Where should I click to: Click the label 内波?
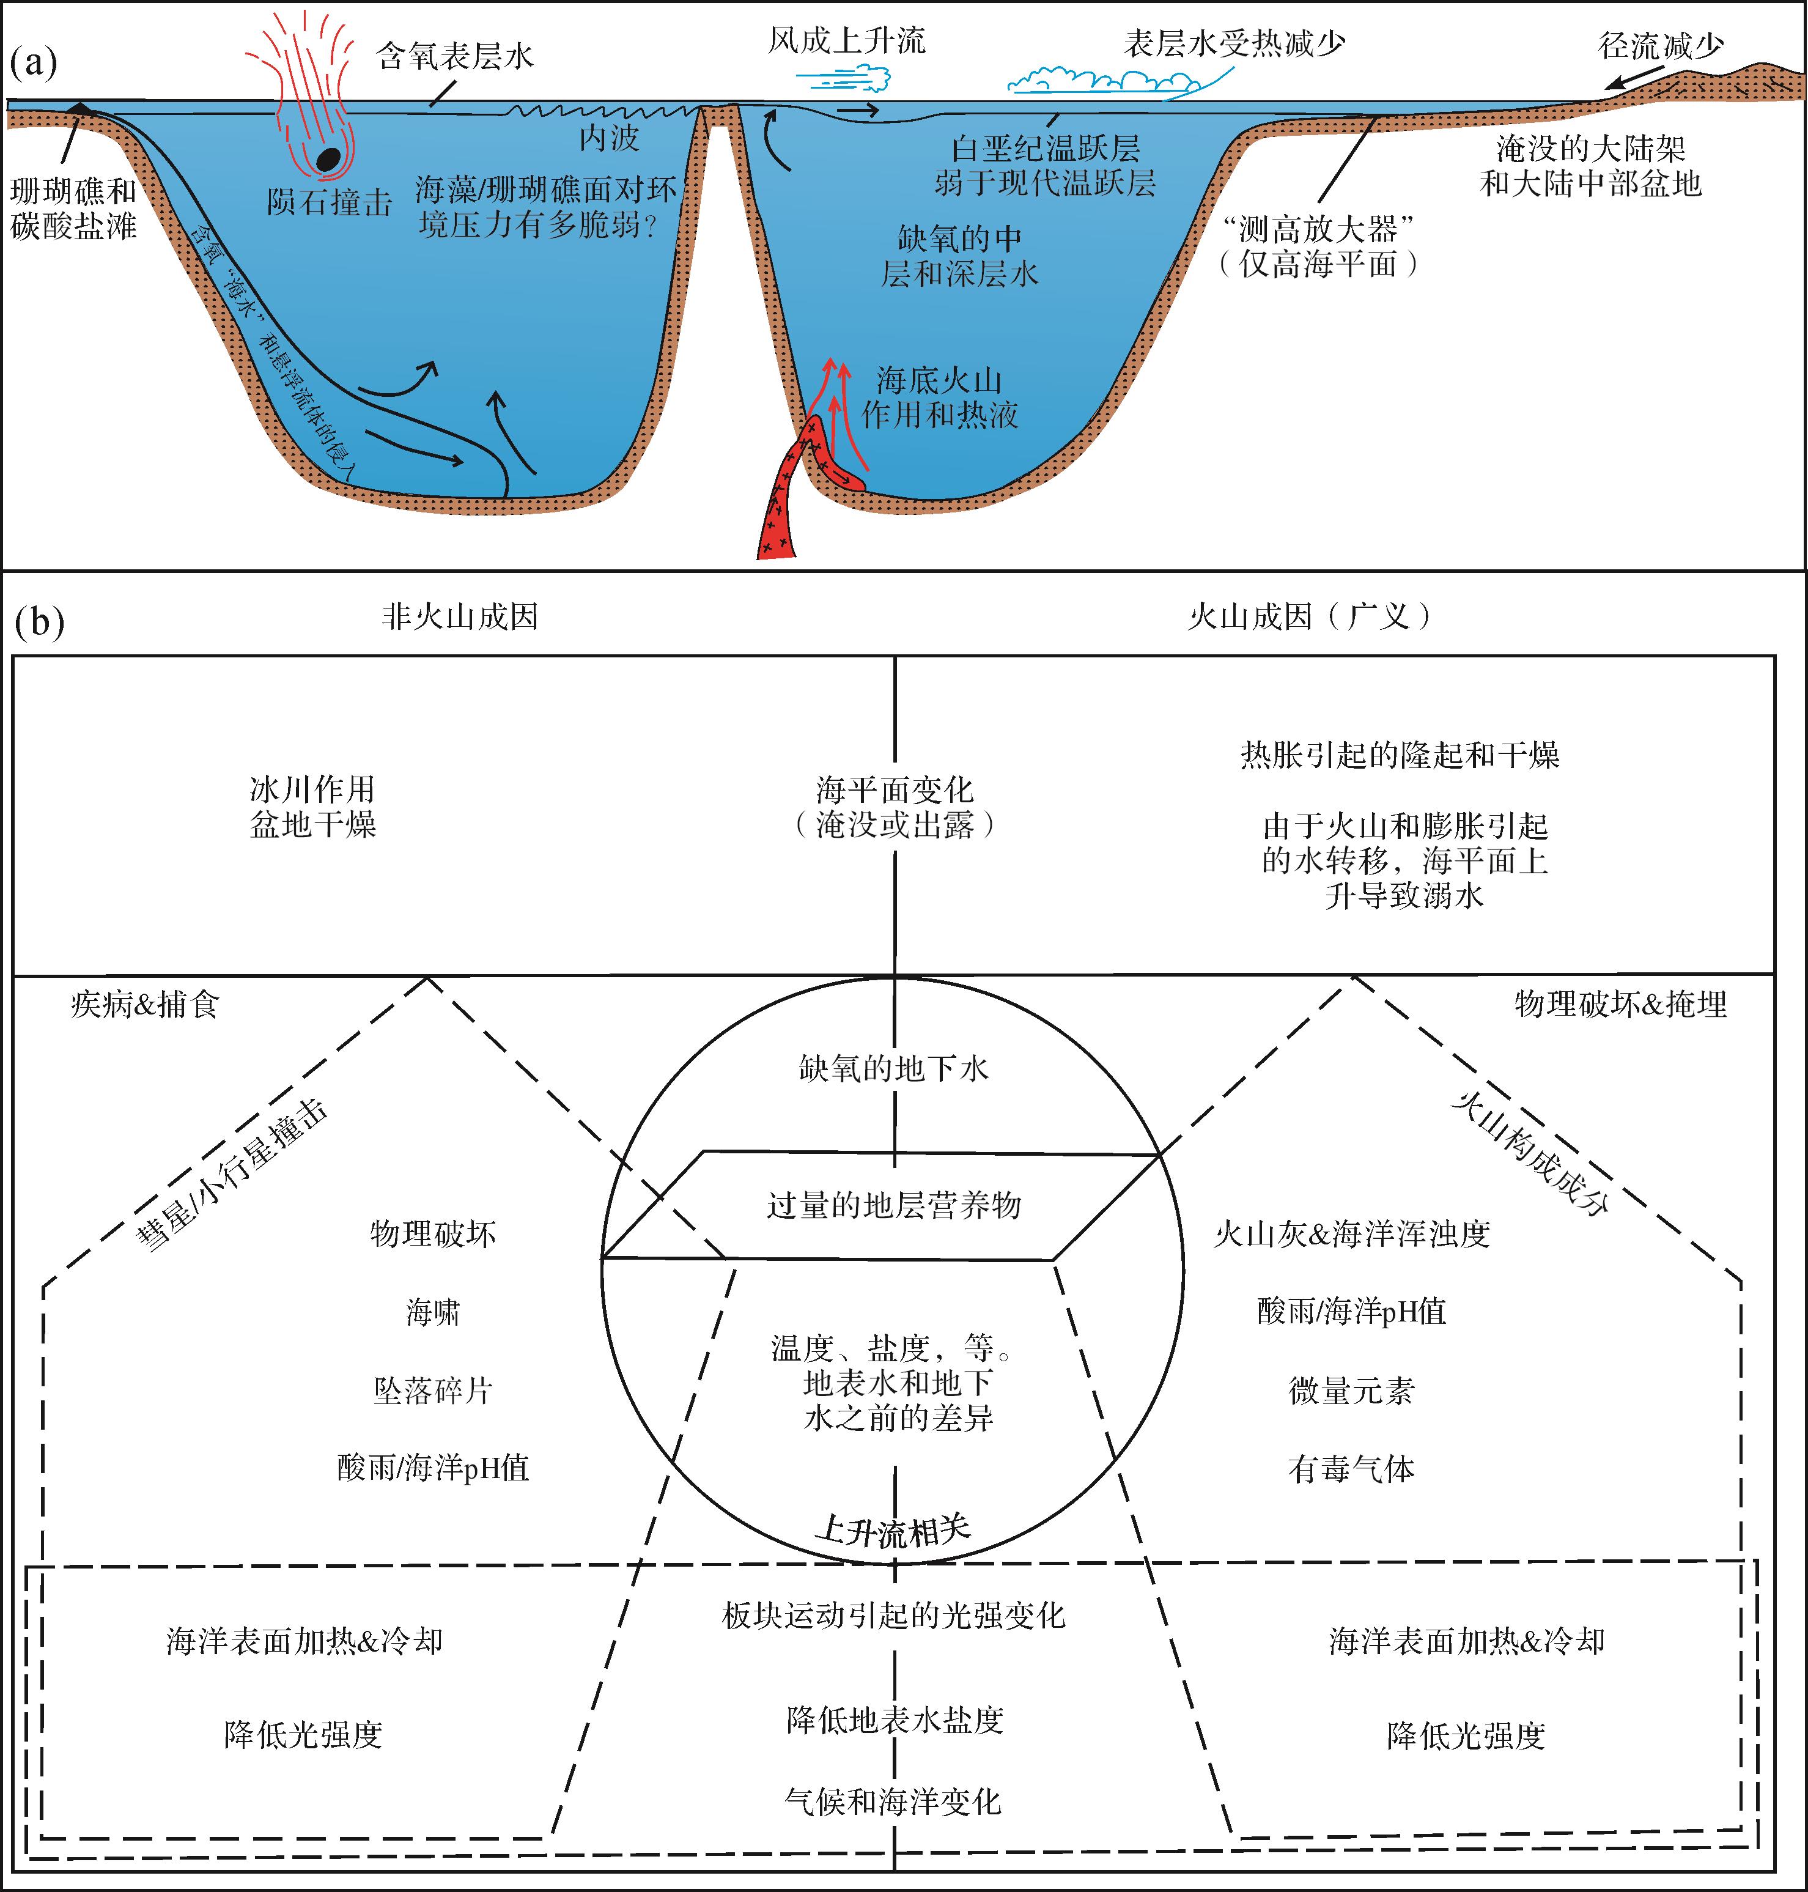click(x=609, y=138)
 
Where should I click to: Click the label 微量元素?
click(x=1351, y=1390)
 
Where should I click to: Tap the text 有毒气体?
click(x=1351, y=1469)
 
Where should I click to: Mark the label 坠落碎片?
click(x=433, y=1390)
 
